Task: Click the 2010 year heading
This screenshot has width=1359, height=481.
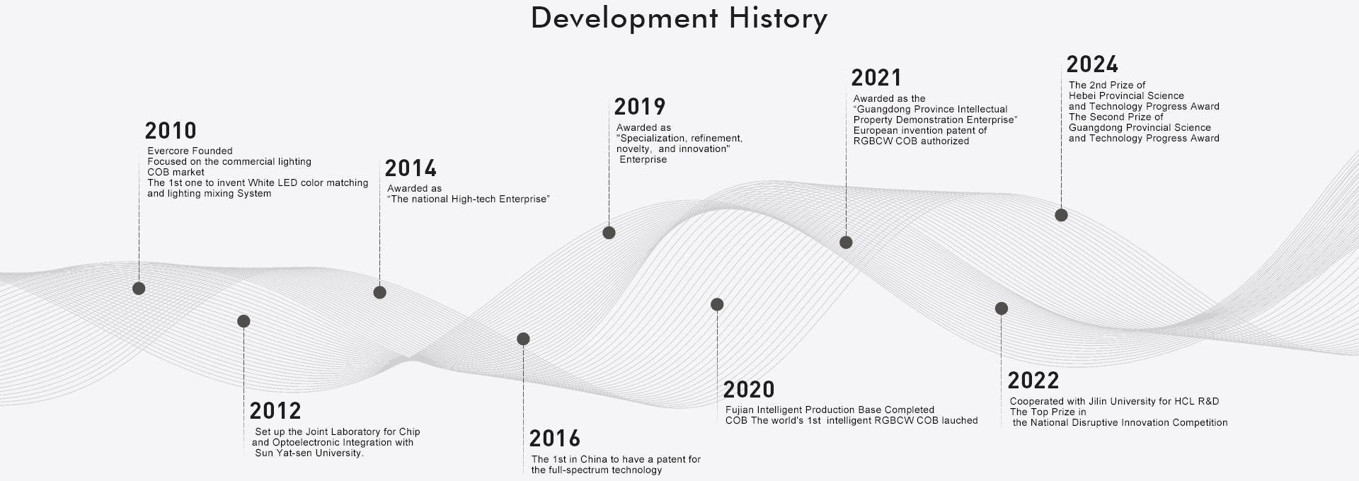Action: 171,131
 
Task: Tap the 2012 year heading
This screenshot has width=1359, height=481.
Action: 275,411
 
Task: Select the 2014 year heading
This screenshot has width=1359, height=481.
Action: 411,168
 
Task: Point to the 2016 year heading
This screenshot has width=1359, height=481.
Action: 555,439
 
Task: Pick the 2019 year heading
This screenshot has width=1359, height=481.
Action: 640,107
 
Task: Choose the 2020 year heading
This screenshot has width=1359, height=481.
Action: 749,390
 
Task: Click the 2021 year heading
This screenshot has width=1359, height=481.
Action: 876,78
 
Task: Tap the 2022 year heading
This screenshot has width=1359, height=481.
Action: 1033,381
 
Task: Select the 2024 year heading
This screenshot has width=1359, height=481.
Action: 1092,64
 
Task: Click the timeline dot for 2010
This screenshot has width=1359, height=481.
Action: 139,288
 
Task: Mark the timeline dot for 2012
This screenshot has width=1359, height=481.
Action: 243,321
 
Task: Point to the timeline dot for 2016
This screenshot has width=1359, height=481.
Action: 523,339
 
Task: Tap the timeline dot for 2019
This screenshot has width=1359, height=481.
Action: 609,233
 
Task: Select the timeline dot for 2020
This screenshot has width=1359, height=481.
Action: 717,304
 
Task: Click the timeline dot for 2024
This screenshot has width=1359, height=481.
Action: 1061,215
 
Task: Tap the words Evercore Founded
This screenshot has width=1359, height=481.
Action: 190,151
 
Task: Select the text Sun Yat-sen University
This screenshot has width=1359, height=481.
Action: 309,453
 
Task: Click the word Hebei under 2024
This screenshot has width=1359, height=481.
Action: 1083,95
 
